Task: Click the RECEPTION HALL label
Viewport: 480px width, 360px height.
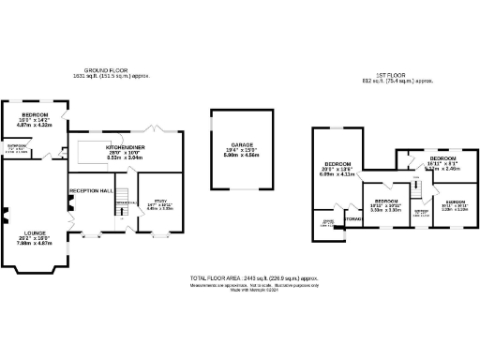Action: pos(91,190)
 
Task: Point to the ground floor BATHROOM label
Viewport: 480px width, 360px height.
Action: pos(17,147)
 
